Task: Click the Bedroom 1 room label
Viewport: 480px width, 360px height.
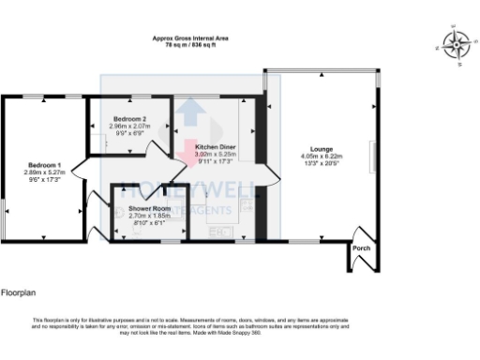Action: point(45,164)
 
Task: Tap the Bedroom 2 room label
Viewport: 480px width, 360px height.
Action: point(129,119)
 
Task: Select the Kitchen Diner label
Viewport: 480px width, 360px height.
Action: point(215,148)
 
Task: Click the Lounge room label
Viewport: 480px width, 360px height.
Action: point(322,149)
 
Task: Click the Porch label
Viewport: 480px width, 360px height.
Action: point(362,248)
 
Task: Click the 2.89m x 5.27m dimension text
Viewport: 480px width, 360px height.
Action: point(45,172)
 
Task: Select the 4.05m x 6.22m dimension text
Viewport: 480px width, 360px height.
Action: point(322,156)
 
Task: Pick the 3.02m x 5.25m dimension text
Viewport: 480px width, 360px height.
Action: point(215,155)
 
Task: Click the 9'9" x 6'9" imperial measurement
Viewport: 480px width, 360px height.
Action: point(129,132)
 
